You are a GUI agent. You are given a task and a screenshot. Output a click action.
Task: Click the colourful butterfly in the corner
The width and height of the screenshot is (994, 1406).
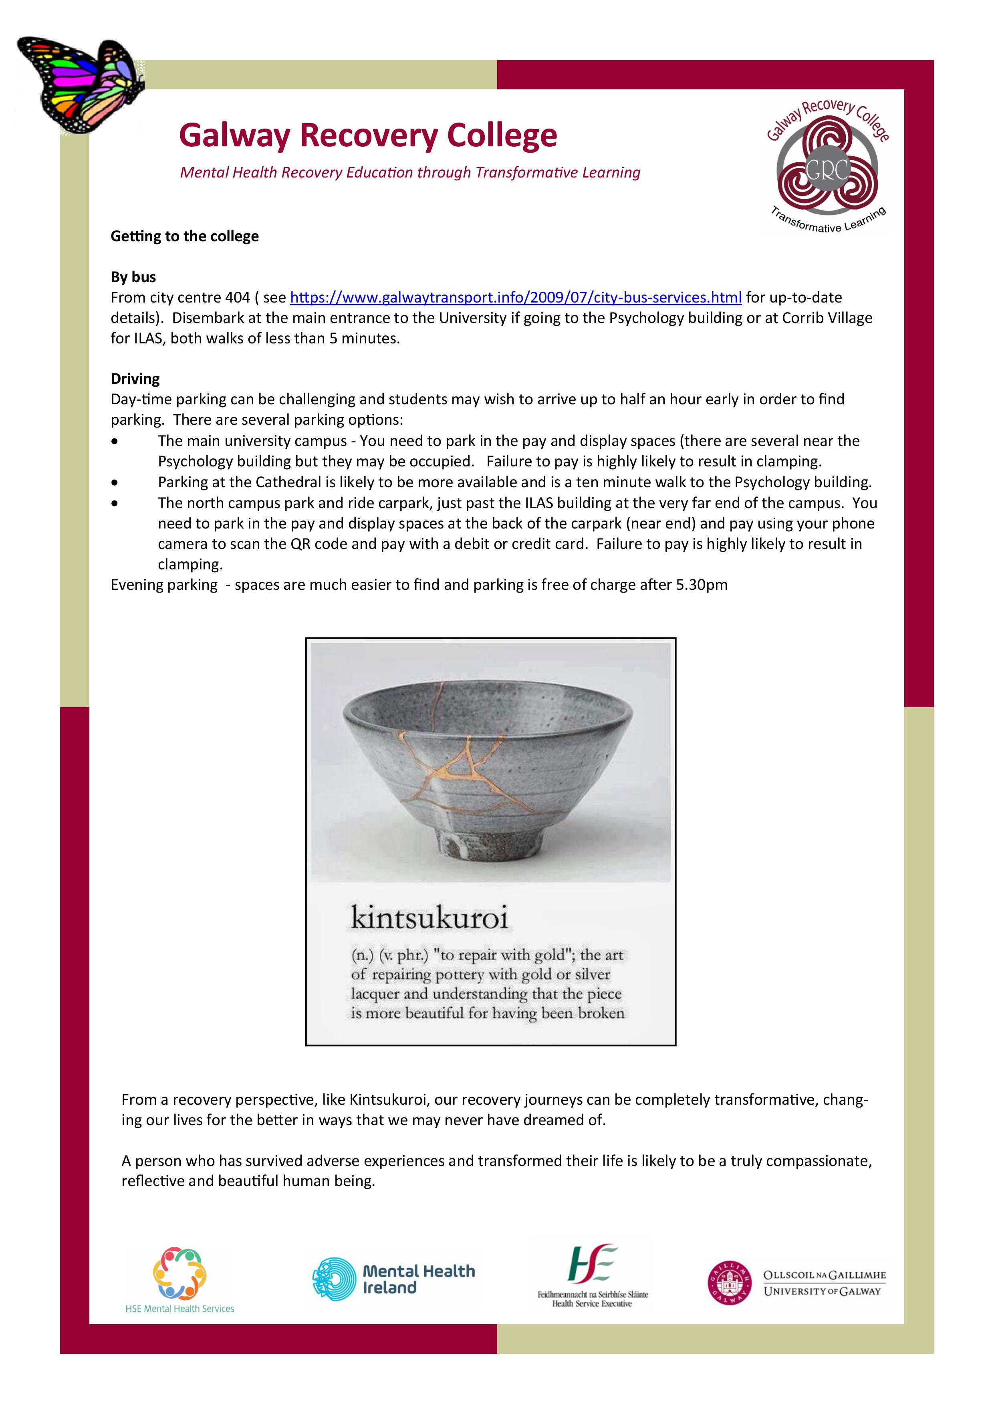[x=80, y=83]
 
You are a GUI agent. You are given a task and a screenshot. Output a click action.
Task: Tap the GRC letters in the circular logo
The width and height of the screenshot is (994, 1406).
[x=827, y=169]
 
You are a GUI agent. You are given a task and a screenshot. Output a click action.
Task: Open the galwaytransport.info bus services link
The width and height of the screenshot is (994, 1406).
[x=515, y=298]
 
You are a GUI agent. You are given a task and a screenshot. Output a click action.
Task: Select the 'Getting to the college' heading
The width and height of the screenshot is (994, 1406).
[x=184, y=236]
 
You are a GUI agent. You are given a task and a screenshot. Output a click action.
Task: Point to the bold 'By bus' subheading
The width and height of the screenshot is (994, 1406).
[x=133, y=277]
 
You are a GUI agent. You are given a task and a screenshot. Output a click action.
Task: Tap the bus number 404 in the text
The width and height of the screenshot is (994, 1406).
[x=237, y=298]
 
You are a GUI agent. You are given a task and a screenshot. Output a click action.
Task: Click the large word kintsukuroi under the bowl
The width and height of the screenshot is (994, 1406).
[x=429, y=917]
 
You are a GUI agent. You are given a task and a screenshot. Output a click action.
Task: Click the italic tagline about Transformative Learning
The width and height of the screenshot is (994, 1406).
[x=410, y=173]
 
